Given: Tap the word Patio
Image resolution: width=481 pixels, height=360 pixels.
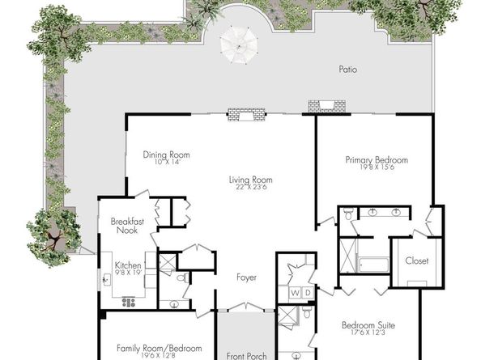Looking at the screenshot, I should [x=347, y=70].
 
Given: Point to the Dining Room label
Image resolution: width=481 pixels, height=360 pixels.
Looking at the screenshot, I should [x=161, y=155].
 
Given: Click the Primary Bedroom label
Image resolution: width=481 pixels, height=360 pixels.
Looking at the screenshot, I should [x=376, y=160].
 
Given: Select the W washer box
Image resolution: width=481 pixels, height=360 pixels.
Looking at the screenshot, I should [x=295, y=292].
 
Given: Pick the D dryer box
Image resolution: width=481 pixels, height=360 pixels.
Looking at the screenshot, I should [x=307, y=292].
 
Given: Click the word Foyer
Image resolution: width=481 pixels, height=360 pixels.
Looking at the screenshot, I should [x=246, y=277].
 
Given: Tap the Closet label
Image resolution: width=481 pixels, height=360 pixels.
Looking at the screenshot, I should [x=417, y=260].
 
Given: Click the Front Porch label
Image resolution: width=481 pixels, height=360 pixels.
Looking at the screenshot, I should [x=246, y=354].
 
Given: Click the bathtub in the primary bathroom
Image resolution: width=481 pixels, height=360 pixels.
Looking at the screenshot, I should [x=372, y=265].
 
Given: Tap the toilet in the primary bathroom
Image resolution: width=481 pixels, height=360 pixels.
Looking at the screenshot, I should [x=347, y=215].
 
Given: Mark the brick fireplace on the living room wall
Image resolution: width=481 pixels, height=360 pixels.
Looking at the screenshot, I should [x=246, y=115].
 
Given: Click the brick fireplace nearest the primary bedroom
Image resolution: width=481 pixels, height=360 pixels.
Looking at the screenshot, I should [x=326, y=105].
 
